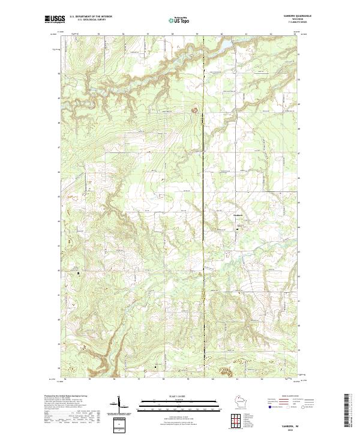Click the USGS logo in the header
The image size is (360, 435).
pyautogui.click(x=55, y=20)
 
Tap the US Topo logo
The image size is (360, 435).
pyautogui.click(x=180, y=20)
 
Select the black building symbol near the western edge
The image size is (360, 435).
pyautogui.click(x=78, y=273)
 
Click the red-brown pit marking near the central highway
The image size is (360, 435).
pyautogui.click(x=194, y=110)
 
